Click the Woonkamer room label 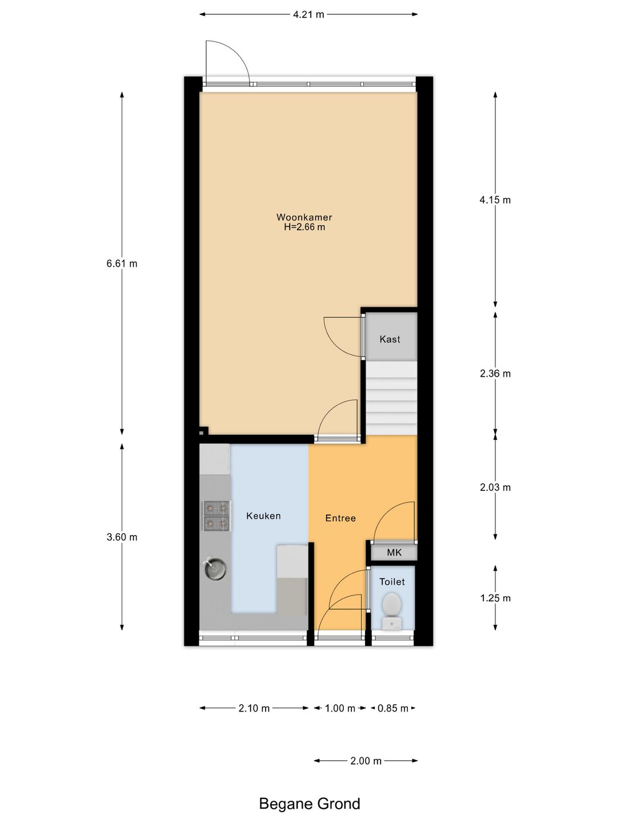(x=304, y=217)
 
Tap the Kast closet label (x=390, y=339)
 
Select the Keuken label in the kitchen (x=263, y=516)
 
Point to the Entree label (x=340, y=518)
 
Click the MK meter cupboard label (x=394, y=552)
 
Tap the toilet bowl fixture (x=392, y=611)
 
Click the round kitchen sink (x=215, y=568)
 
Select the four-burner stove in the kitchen (x=216, y=516)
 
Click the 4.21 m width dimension (x=308, y=15)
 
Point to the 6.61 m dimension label (x=122, y=263)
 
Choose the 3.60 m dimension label (x=122, y=537)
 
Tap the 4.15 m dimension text (x=495, y=200)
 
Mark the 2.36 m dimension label (x=495, y=373)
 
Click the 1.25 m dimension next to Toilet (x=495, y=598)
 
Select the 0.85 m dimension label (x=392, y=708)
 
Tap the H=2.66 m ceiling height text (x=304, y=227)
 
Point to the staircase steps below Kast (x=391, y=398)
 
